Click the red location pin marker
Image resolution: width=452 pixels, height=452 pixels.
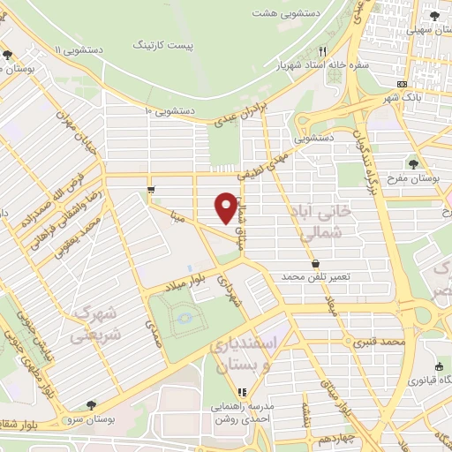pyautogui.click(x=226, y=207)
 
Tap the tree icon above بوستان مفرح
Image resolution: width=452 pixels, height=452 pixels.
pyautogui.click(x=413, y=163)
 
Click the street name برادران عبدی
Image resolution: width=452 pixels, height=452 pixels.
pyautogui.click(x=250, y=114)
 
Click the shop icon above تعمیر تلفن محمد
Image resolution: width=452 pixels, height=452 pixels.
pyautogui.click(x=316, y=263)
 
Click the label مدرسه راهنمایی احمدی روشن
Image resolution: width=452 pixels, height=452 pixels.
pyautogui.click(x=242, y=415)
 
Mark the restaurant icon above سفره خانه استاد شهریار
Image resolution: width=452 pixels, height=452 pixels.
pyautogui.click(x=323, y=50)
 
